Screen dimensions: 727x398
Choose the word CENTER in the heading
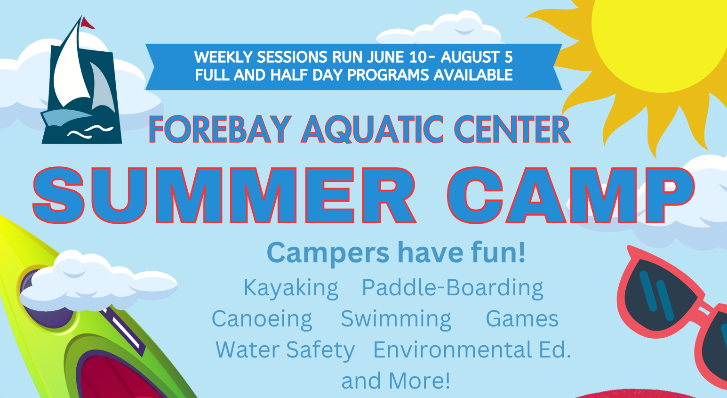511,130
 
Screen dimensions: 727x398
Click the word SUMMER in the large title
224,195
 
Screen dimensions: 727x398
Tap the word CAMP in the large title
571,195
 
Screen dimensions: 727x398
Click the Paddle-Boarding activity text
452,288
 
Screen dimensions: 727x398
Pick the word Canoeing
262,319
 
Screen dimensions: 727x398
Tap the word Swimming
396,319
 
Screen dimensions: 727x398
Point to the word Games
522,318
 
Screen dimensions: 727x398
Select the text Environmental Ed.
472,349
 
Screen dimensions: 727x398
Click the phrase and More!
396,381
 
